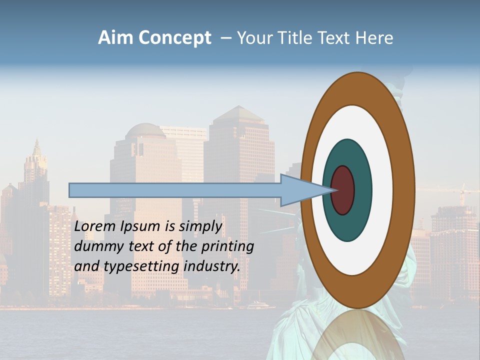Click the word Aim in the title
[116, 38]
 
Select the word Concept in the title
[174, 38]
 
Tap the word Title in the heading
[295, 38]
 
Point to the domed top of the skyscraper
[145, 131]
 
